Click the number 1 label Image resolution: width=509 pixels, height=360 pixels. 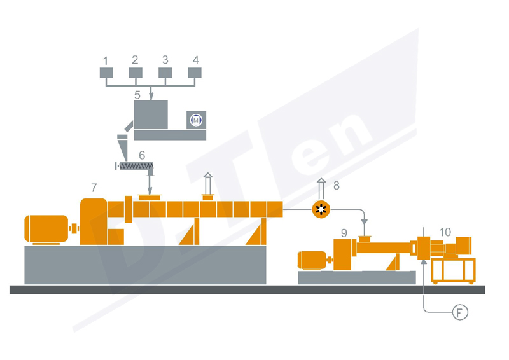pyautogui.click(x=106, y=60)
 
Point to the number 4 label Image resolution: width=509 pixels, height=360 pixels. pyautogui.click(x=195, y=60)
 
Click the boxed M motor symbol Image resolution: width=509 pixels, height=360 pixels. pyautogui.click(x=196, y=119)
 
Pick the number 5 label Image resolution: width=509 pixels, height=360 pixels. pyautogui.click(x=137, y=95)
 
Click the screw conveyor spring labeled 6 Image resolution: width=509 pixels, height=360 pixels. pyautogui.click(x=136, y=167)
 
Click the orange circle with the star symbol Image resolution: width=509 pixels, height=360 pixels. pyautogui.click(x=321, y=209)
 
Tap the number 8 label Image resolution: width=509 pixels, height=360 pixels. pyautogui.click(x=337, y=186)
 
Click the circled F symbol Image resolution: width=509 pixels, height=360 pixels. pyautogui.click(x=459, y=312)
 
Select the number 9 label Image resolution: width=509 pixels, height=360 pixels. pyautogui.click(x=344, y=232)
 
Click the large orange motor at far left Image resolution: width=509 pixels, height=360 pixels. pyautogui.click(x=46, y=229)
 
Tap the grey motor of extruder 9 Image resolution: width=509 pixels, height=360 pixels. pyautogui.click(x=311, y=260)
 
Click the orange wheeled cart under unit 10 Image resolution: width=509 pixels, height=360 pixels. pyautogui.click(x=453, y=270)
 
